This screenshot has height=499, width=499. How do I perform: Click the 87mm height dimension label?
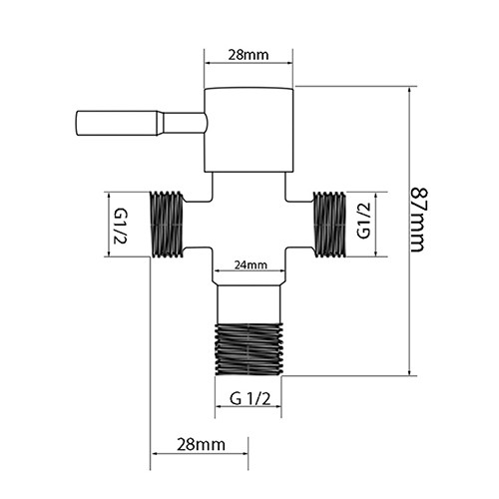pyautogui.click(x=417, y=221)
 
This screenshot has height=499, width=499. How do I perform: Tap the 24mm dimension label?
pyautogui.click(x=250, y=264)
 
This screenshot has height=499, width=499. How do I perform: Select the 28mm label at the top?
pyautogui.click(x=249, y=55)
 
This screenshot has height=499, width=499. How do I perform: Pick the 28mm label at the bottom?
pyautogui.click(x=201, y=444)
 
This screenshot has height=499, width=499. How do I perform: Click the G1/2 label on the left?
pyautogui.click(x=120, y=227)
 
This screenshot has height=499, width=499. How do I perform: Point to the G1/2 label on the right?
pyautogui.click(x=363, y=221)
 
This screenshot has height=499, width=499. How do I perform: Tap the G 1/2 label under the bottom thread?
pyautogui.click(x=249, y=398)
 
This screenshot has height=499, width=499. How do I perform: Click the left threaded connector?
pyautogui.click(x=167, y=225)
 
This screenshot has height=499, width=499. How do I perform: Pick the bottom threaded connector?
pyautogui.click(x=249, y=349)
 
